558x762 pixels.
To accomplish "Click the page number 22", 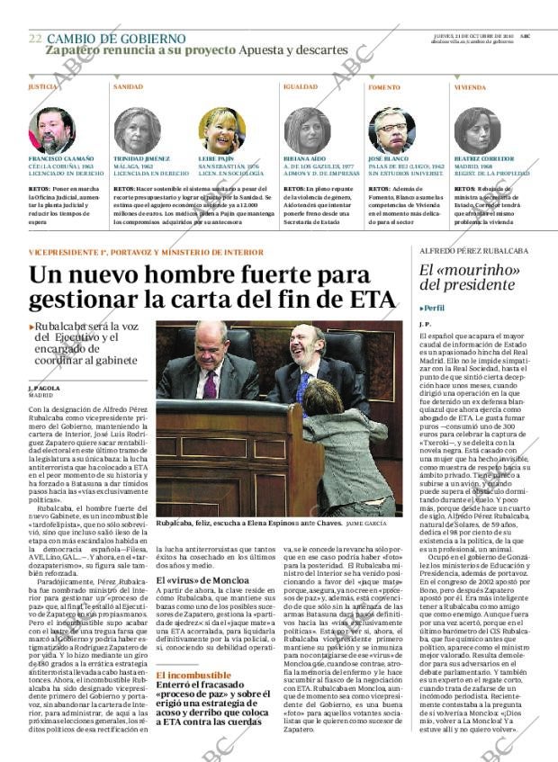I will [35, 39].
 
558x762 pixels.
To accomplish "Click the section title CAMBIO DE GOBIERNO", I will [116, 39].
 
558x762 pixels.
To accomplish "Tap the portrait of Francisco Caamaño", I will [52, 130].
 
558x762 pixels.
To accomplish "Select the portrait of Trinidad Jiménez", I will [137, 130].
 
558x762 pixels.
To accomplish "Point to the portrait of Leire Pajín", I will [221, 130].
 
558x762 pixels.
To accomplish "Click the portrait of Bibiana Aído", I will [307, 130].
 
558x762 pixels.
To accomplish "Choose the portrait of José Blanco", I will [391, 130].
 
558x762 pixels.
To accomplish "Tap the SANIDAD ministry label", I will [128, 87].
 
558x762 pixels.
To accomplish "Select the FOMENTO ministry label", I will [384, 87].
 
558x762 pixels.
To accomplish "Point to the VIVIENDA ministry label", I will [470, 87].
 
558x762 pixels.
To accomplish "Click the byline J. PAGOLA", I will [44, 388].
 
